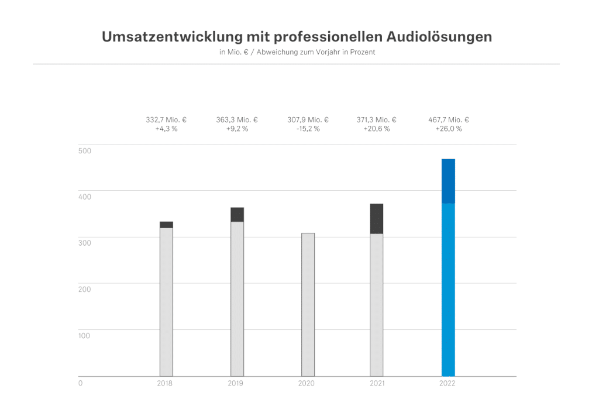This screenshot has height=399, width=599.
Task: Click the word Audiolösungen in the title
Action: (439, 37)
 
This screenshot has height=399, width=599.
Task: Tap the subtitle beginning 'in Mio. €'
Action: (297, 52)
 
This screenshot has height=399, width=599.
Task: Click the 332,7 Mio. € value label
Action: (167, 120)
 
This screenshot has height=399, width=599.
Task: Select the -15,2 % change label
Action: (308, 129)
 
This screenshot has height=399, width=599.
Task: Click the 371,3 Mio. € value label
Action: (377, 120)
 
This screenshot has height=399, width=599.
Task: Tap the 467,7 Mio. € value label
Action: (449, 120)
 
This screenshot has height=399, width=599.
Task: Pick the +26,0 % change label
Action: (449, 129)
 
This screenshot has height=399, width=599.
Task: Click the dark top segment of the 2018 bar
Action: (166, 225)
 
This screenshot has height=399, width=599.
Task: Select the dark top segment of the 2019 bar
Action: (237, 215)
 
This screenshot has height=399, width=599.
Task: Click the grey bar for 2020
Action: (308, 304)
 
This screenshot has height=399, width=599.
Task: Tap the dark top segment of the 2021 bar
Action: (377, 219)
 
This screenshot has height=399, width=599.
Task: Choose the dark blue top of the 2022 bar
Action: (448, 181)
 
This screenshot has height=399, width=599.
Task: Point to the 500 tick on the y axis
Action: (84, 151)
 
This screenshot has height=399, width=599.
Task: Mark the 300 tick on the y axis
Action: (84, 243)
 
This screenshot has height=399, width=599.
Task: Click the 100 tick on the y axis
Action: (84, 335)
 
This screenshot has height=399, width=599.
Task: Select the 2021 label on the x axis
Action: (377, 384)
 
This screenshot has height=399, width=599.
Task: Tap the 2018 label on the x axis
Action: (166, 384)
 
